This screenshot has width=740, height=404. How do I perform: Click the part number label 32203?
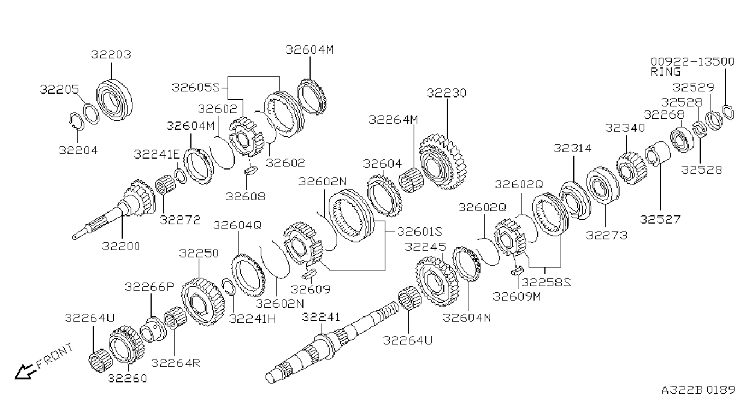click(111, 55)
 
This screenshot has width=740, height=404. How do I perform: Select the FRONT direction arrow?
click(24, 372)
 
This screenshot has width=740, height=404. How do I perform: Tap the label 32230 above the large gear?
click(447, 93)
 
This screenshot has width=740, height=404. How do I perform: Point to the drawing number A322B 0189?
click(698, 390)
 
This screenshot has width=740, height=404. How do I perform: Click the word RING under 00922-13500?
click(665, 72)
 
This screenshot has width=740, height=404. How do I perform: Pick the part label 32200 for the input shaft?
click(121, 246)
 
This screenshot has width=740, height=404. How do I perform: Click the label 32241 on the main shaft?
click(321, 317)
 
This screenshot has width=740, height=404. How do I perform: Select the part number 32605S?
click(196, 87)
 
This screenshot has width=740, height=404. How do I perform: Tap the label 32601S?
click(420, 231)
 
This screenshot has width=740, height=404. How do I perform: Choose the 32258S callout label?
click(546, 283)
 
